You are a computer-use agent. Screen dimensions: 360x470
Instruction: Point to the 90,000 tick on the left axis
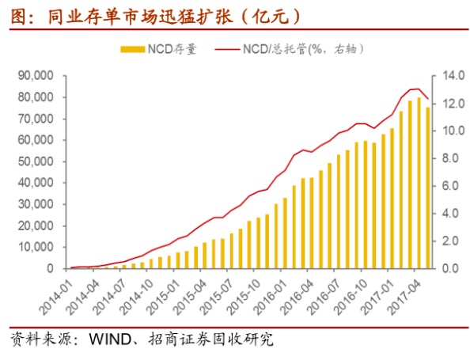(x=32, y=76)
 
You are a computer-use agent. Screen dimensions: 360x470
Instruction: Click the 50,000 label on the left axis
(x=32, y=161)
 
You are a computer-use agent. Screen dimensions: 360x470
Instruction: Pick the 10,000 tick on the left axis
(x=32, y=247)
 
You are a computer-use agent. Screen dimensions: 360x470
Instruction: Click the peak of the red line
(x=417, y=89)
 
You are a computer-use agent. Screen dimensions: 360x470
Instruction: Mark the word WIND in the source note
(x=110, y=341)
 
